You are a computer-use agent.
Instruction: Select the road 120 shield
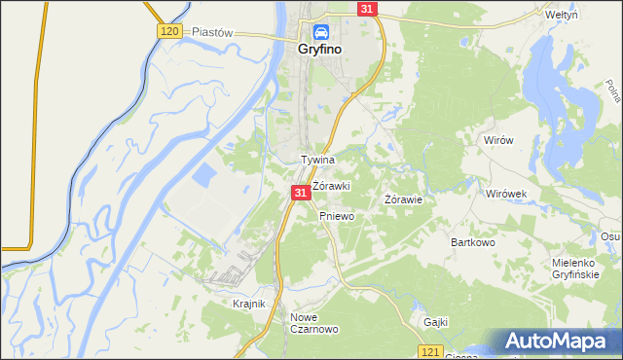[168, 32]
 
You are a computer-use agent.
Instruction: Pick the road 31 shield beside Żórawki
[301, 194]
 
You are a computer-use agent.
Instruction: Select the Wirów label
[498, 140]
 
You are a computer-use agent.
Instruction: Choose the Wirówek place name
[506, 194]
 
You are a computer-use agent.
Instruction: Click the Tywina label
[318, 160]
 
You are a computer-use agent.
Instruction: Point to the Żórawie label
[403, 199]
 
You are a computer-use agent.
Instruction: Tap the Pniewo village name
[336, 216]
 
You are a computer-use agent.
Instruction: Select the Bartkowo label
[474, 241]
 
